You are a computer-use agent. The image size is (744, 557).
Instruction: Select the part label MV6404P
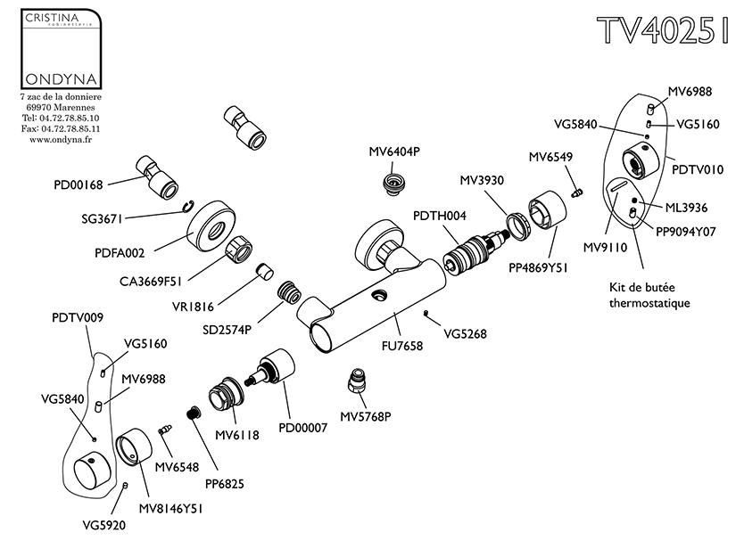(x=393, y=152)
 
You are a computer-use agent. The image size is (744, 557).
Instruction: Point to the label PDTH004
(x=440, y=215)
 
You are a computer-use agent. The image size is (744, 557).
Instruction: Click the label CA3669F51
(x=151, y=281)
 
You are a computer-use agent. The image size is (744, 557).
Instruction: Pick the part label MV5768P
(x=368, y=415)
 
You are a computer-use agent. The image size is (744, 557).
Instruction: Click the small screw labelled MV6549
(x=575, y=192)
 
